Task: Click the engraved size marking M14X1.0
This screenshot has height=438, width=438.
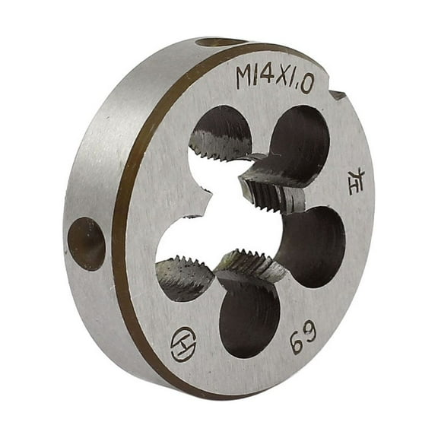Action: point(275,78)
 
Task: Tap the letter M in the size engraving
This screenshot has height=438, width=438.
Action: point(245,77)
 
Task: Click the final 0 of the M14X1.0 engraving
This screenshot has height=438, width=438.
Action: point(306,84)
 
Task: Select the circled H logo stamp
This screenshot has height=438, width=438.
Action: point(183,343)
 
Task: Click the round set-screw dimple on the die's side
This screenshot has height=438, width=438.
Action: point(86,243)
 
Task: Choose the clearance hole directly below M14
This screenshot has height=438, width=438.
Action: point(221,133)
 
